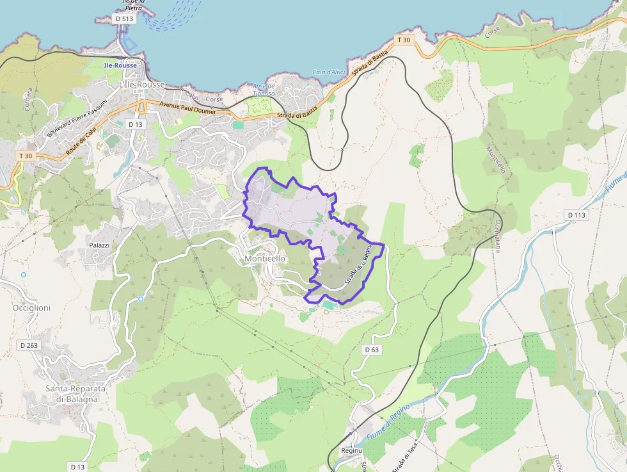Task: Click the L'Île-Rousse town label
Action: [142, 85]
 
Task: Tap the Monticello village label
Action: [265, 258]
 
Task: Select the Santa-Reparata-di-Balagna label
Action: [76, 393]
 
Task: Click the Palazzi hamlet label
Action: [99, 245]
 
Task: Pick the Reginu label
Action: [352, 451]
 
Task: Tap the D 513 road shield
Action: [125, 19]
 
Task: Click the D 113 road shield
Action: [576, 215]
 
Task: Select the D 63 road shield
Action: [372, 350]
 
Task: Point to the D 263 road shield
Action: [29, 345]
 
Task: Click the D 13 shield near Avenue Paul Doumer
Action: [135, 124]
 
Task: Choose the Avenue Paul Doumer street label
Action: [187, 108]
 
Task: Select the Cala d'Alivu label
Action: [329, 72]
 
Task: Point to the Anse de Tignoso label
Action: [264, 90]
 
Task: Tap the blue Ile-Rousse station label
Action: [118, 65]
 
